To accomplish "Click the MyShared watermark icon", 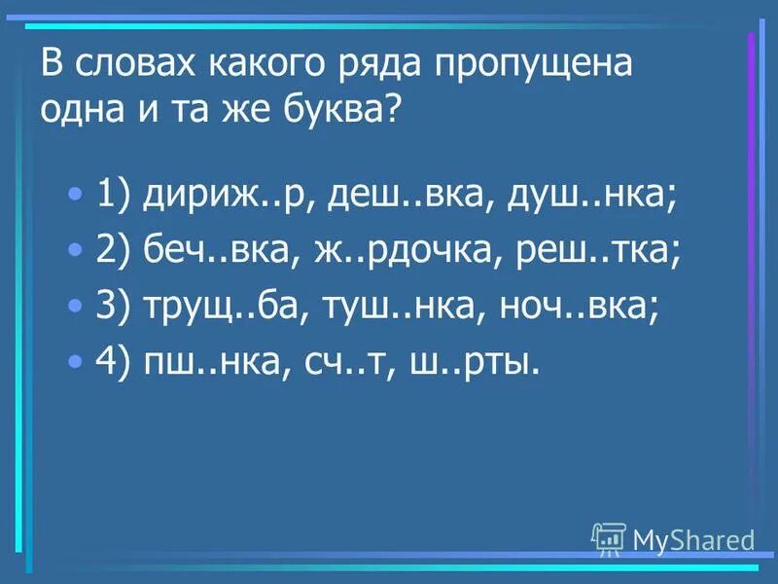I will tap(609, 537).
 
